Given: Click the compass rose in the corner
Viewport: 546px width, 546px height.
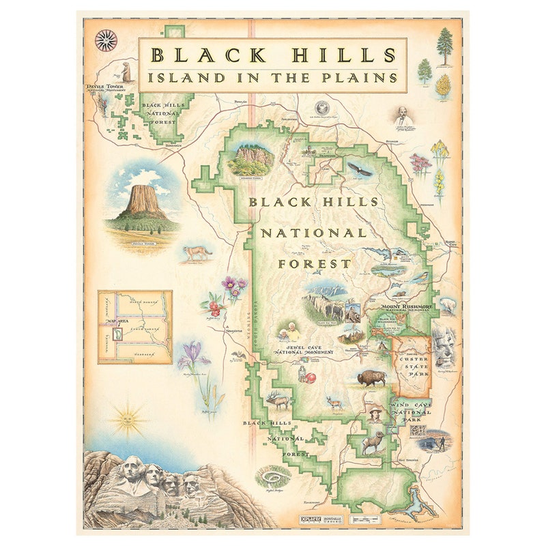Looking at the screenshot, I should coord(106,40).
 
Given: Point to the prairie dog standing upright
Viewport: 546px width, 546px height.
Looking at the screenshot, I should coord(126,71).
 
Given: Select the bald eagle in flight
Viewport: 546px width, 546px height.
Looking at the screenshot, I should coord(360,169).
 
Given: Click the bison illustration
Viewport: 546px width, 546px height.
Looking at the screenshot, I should coord(371,377).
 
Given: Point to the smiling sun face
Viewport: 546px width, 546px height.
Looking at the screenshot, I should coord(127,418).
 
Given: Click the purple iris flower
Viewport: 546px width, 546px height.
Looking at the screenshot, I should coord(192,355).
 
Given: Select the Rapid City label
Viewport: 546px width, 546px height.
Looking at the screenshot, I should coord(450,244).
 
